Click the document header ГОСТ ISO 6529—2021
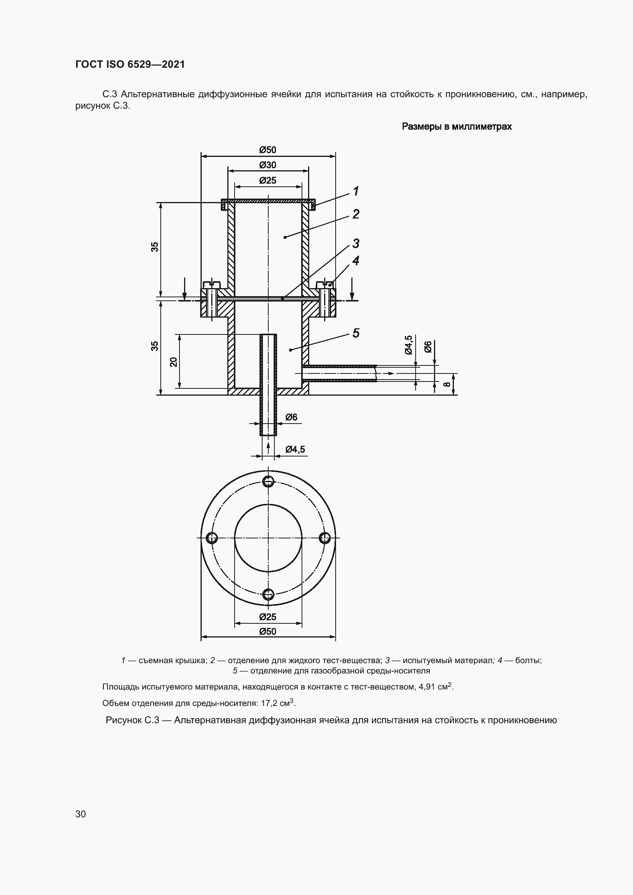click(130, 64)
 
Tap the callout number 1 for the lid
click(356, 191)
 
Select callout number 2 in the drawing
click(356, 214)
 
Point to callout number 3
click(356, 243)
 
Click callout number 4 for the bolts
click(356, 261)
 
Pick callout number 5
click(356, 333)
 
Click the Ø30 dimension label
click(268, 165)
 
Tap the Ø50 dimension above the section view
click(268, 150)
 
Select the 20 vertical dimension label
click(173, 362)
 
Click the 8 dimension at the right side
click(448, 384)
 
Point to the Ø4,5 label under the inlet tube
click(295, 450)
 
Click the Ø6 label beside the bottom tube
click(291, 417)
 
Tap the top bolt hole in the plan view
click(268, 482)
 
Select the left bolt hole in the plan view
click(212, 538)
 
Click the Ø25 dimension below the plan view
click(268, 617)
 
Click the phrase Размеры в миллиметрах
click(457, 127)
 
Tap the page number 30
click(81, 814)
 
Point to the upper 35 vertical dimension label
click(155, 247)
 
